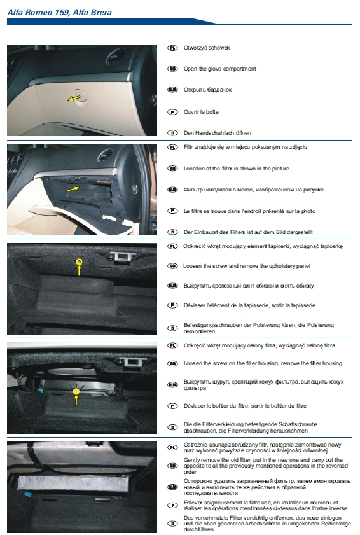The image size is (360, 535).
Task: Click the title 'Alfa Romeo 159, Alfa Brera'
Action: (x=59, y=13)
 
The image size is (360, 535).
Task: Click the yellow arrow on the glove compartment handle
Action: (x=74, y=98)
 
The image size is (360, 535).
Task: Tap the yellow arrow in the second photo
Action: (x=73, y=188)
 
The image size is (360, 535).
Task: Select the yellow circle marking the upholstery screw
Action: (x=79, y=261)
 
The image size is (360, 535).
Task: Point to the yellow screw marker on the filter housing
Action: (x=76, y=392)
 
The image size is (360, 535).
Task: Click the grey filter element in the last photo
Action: (x=73, y=483)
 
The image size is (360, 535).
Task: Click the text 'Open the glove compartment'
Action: (x=220, y=69)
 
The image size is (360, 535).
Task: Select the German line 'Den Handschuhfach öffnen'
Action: (x=218, y=133)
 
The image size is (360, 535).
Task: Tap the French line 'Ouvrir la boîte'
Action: (x=201, y=112)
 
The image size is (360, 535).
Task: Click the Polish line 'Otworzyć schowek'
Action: (x=207, y=48)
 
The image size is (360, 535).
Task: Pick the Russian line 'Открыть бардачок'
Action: (x=207, y=90)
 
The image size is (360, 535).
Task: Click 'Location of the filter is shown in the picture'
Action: (x=236, y=169)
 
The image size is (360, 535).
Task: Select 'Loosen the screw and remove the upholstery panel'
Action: (x=246, y=266)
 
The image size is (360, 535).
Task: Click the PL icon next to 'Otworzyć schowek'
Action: (x=172, y=48)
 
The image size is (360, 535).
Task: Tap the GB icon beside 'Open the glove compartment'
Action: (x=172, y=69)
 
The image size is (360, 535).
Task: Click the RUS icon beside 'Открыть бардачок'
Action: (x=172, y=90)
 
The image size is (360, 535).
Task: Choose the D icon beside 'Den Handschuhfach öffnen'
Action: (x=172, y=133)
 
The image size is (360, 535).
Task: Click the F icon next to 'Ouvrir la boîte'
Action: (x=172, y=112)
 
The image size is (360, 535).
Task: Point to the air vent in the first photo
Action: (x=115, y=55)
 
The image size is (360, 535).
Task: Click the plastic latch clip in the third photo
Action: (x=123, y=256)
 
